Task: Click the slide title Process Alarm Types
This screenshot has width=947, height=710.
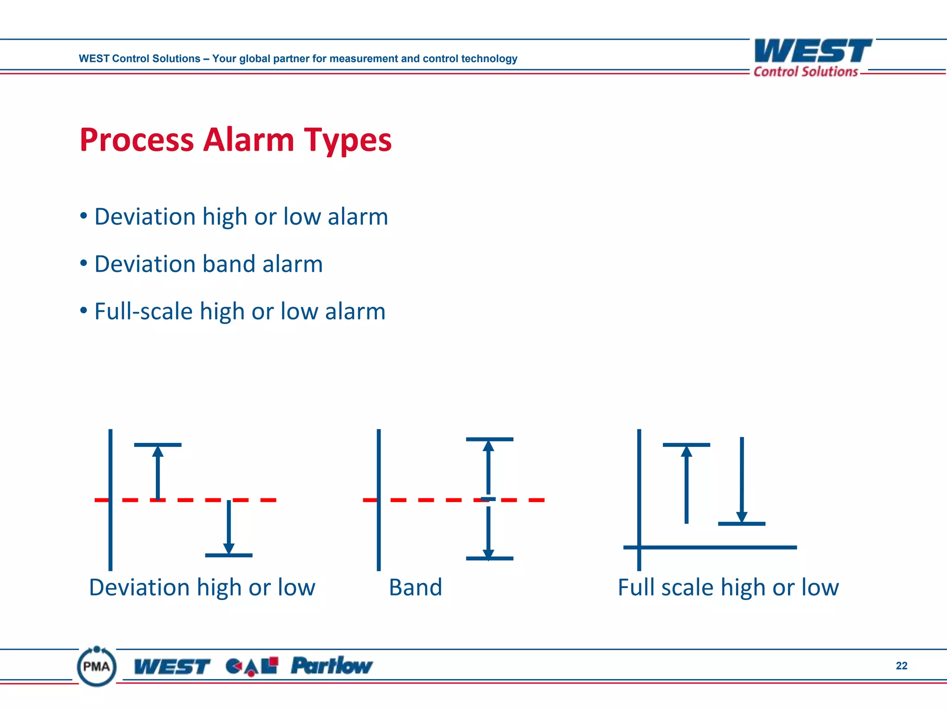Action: coord(235,140)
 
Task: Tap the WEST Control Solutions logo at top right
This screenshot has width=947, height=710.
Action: coord(812,58)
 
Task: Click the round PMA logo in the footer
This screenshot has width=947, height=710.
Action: coord(97,666)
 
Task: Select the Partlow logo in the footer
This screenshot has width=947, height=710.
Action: coord(332,666)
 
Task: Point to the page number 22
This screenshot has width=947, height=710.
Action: coord(901,666)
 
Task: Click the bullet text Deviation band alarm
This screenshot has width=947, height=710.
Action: coord(208,264)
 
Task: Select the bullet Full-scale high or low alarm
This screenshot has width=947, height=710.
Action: coord(240,311)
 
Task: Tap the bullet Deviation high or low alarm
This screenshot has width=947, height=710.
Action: coord(241,217)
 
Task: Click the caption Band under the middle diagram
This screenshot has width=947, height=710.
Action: coord(415,588)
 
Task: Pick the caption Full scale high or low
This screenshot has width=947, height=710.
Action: coord(728,588)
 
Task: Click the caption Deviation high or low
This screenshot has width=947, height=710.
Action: coord(202,588)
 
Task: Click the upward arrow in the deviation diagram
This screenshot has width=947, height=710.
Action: coord(158,471)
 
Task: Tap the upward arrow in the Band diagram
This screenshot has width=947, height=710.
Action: coord(488,467)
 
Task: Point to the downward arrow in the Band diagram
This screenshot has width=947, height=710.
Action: coord(488,532)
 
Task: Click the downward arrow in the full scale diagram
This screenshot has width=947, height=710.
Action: coord(742,481)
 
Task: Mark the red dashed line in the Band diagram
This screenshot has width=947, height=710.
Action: coord(425,500)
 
